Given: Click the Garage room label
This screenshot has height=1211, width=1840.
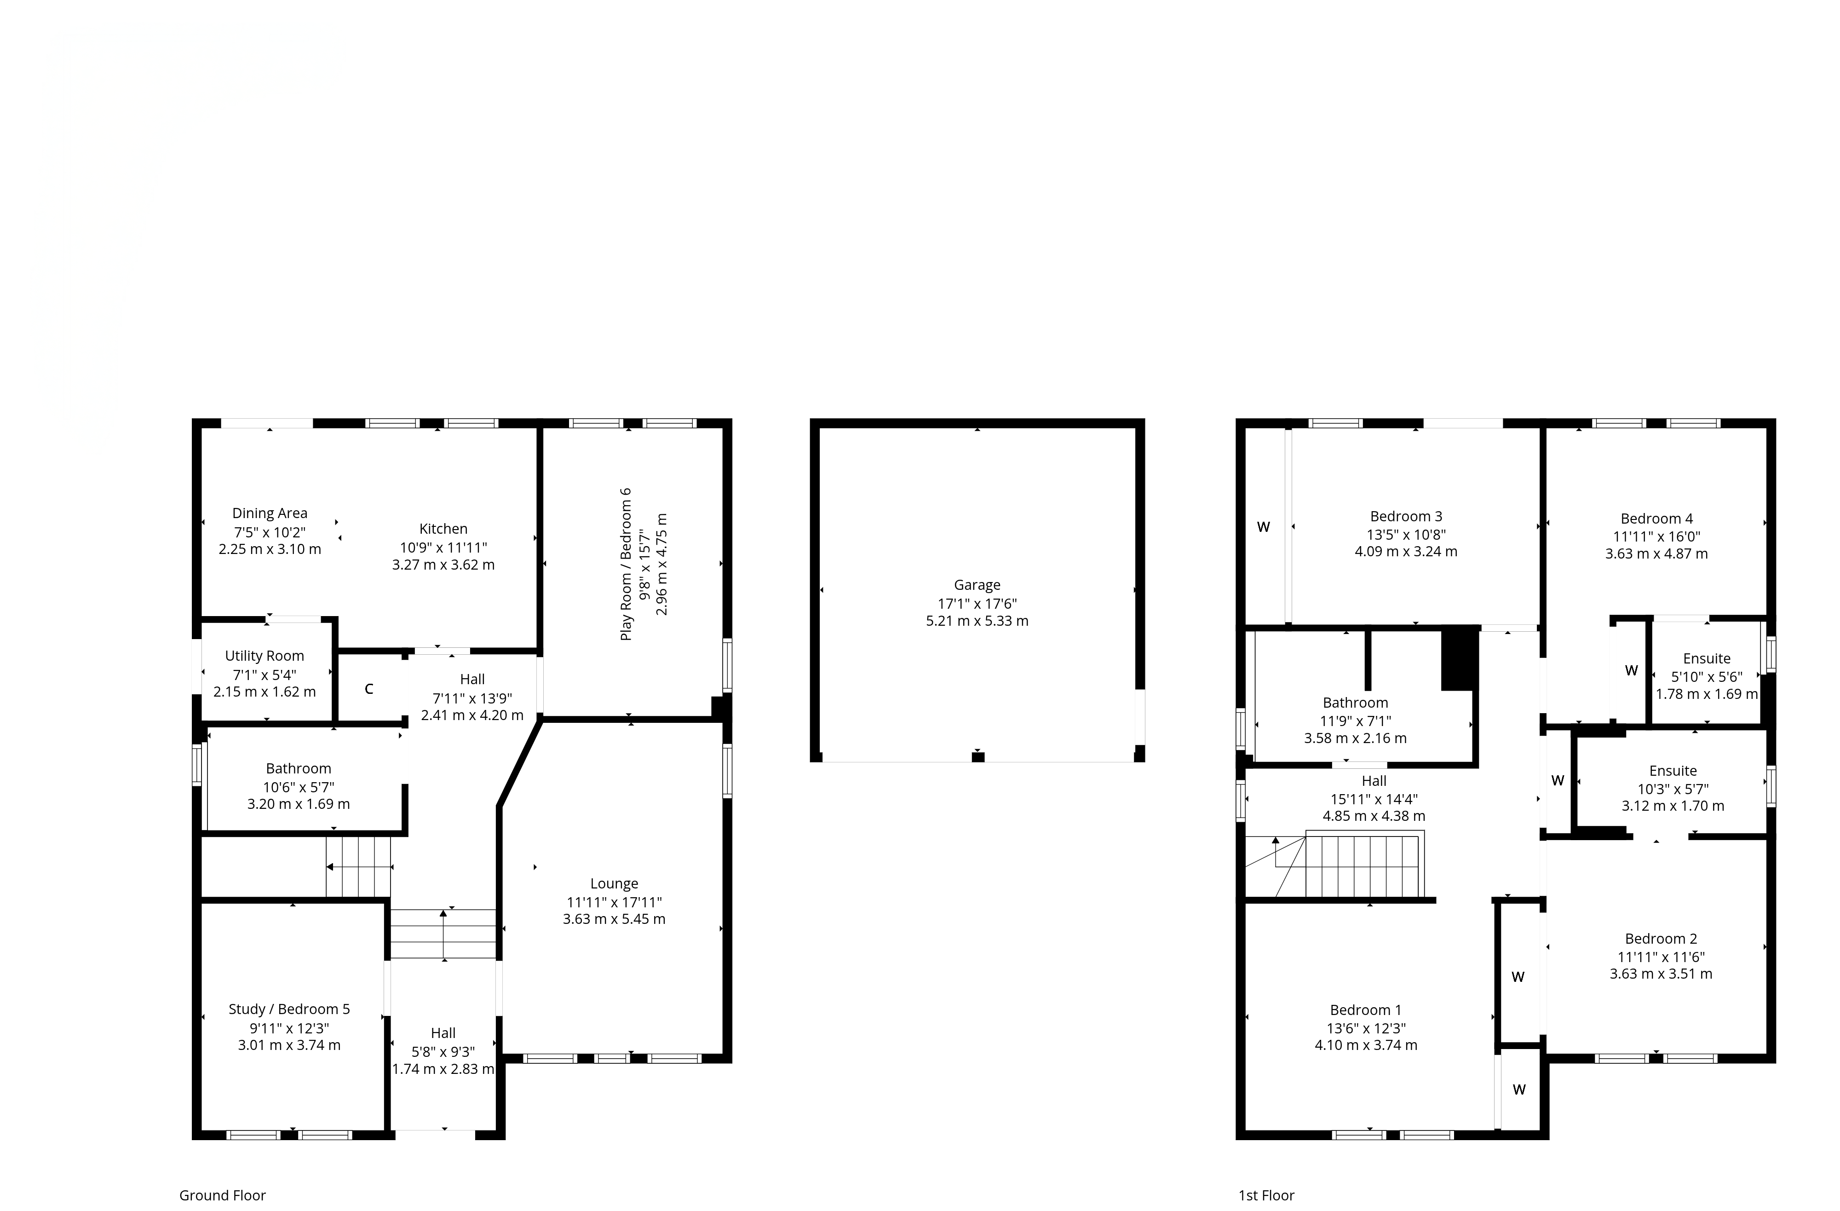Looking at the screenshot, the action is point(977,585).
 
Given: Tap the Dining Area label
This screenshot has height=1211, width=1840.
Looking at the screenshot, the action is point(270,513).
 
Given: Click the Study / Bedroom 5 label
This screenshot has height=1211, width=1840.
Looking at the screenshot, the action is point(289,1009).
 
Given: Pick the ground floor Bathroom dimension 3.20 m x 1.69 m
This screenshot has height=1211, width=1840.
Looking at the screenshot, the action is point(299,804).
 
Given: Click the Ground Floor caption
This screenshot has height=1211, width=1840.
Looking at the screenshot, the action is point(223,1195).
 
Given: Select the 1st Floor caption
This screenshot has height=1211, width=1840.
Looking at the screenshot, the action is point(1266,1195).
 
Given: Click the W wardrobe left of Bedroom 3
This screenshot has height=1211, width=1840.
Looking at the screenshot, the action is point(1263,527).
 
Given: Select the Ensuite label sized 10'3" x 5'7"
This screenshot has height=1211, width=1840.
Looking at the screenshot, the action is point(1673,771).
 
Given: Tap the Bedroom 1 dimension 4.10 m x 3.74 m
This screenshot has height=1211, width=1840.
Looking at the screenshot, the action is point(1366,1045).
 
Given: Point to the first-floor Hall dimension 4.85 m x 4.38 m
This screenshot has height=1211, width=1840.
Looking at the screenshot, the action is point(1374,816).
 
